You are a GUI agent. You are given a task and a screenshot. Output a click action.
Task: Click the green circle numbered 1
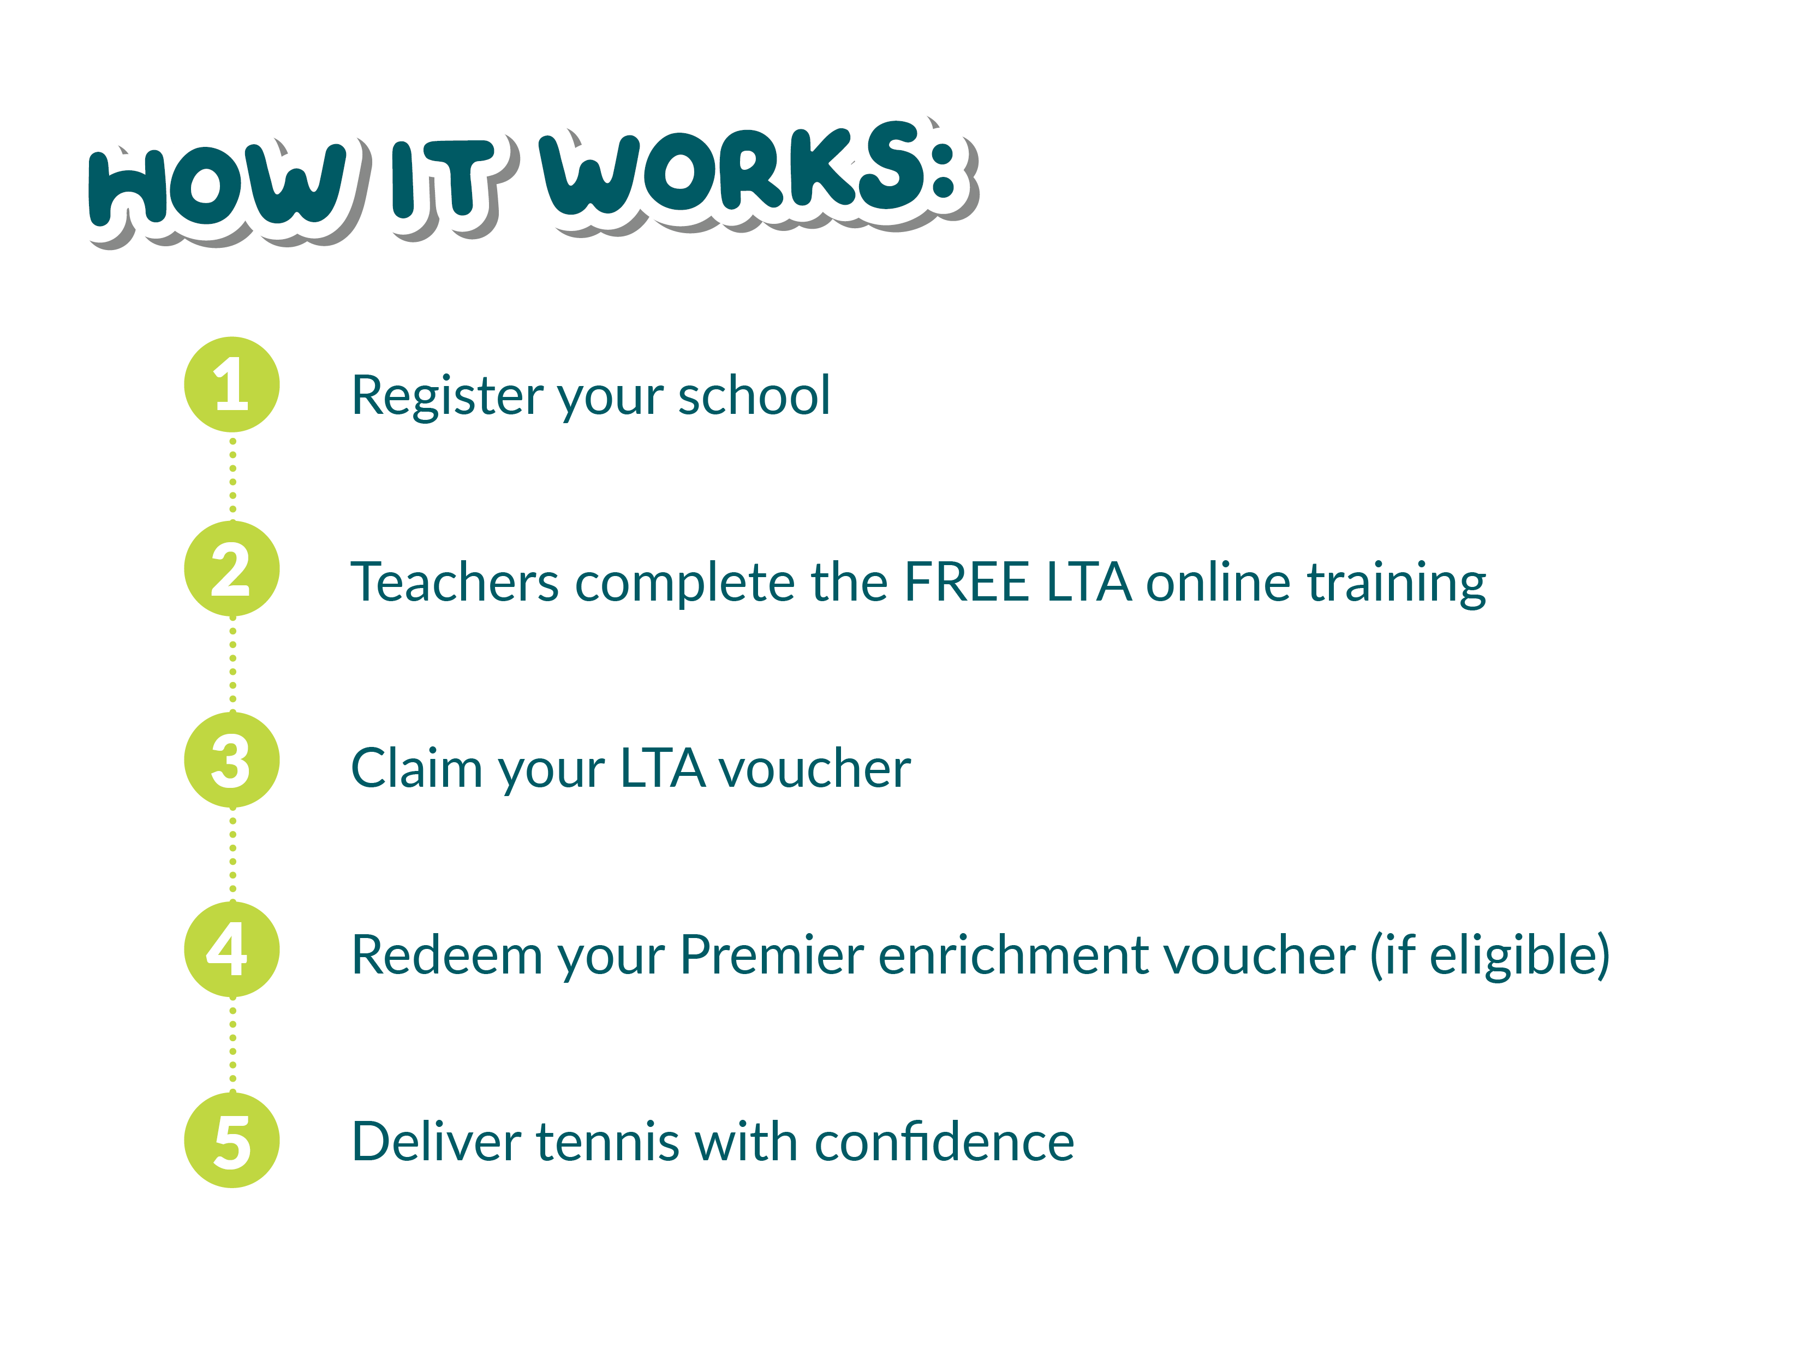tap(232, 384)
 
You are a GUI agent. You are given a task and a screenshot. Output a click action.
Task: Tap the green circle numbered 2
tap(232, 568)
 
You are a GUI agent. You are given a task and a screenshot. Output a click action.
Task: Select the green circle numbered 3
tap(232, 759)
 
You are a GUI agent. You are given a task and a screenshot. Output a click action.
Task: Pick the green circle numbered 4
tap(232, 948)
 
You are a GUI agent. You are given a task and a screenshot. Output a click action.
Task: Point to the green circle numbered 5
tap(232, 1140)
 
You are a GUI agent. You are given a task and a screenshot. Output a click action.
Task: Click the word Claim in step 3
tap(416, 768)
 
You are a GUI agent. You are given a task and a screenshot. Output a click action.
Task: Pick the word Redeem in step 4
tap(446, 956)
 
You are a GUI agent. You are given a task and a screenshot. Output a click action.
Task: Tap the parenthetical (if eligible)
tap(1489, 956)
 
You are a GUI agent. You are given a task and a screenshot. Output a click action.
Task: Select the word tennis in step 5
tap(608, 1142)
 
